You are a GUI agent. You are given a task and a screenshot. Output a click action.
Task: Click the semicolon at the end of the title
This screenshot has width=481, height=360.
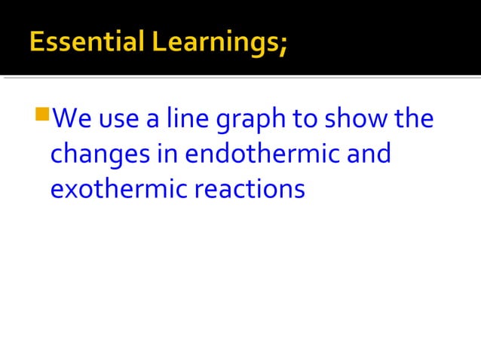[x=283, y=44]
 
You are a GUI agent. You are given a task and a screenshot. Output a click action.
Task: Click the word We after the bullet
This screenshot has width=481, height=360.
[x=74, y=119]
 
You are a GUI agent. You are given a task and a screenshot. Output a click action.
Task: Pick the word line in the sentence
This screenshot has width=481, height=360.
[x=185, y=119]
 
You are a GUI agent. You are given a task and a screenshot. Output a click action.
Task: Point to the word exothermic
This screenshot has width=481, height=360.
[x=118, y=188]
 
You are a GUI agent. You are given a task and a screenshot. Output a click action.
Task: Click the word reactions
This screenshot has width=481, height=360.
[x=250, y=188]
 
